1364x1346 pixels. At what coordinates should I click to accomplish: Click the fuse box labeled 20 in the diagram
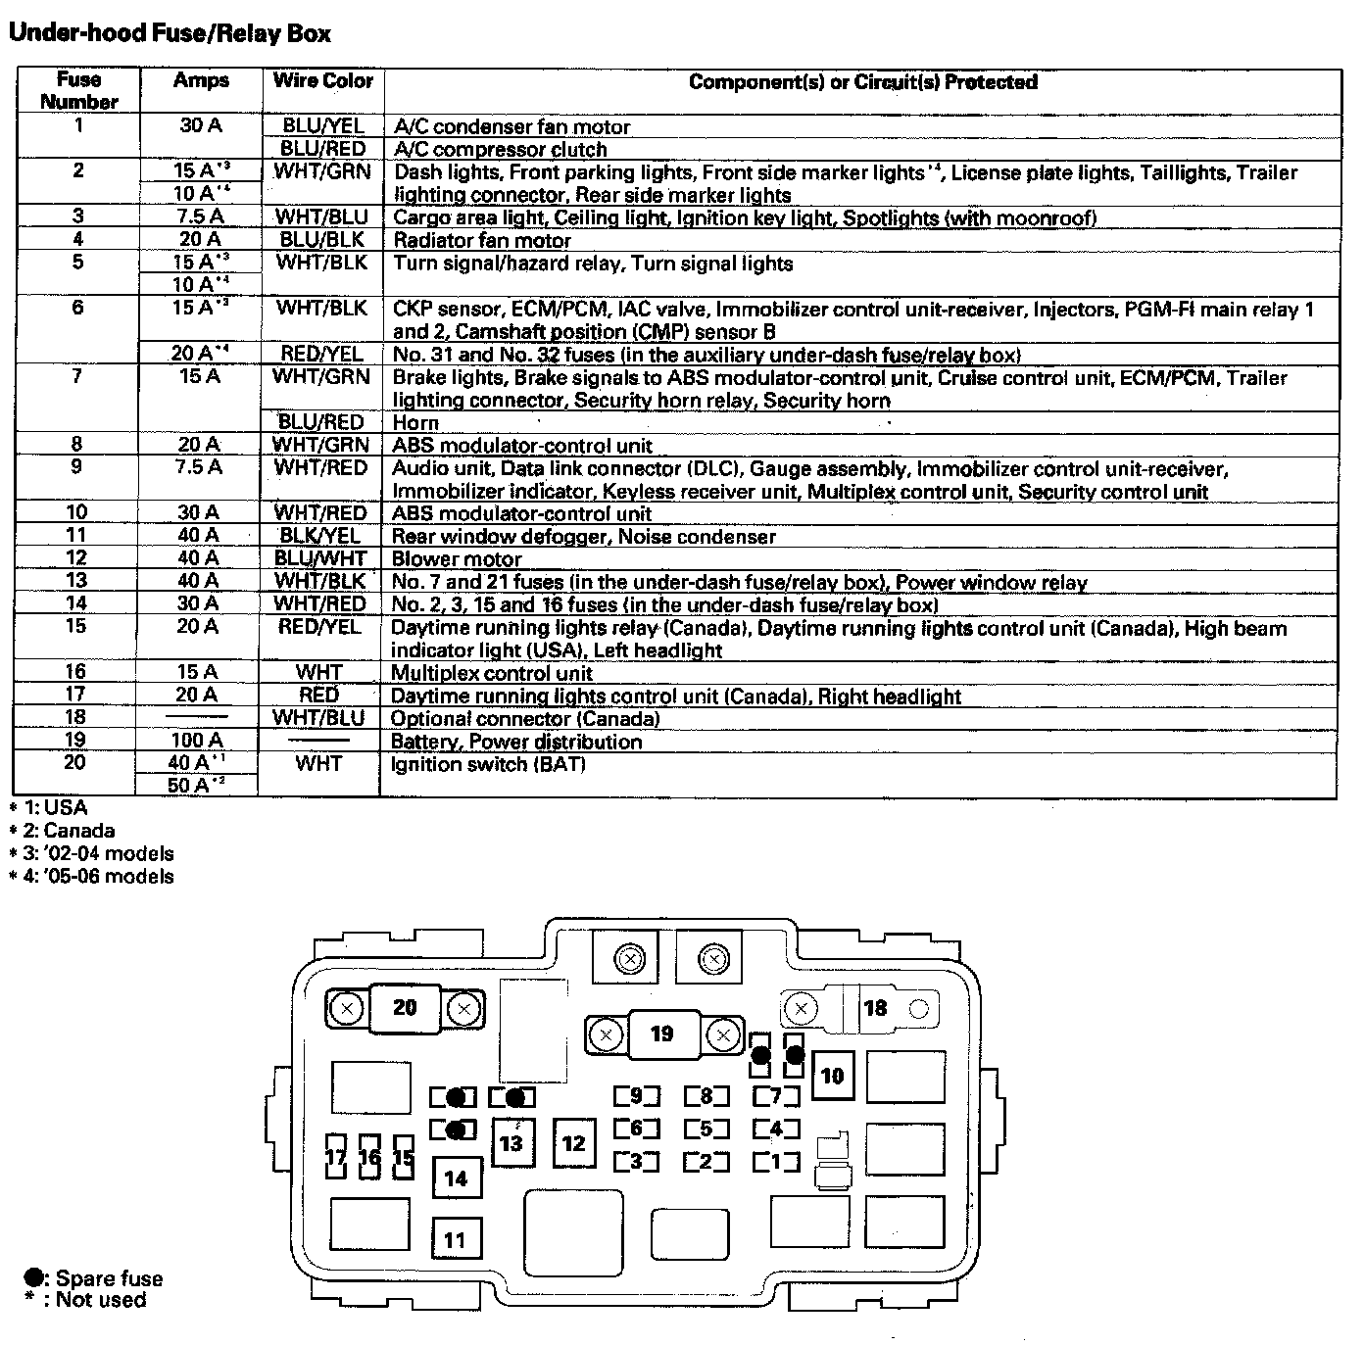405,1008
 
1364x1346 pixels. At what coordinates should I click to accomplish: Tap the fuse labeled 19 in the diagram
662,1034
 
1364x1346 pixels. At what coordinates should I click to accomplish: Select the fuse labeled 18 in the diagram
874,1008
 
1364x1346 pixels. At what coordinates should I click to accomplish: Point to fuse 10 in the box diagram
832,1077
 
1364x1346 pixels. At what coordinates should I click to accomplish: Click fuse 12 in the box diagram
574,1143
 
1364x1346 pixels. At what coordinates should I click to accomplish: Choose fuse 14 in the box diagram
456,1178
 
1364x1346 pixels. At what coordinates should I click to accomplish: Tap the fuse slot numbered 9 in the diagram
637,1096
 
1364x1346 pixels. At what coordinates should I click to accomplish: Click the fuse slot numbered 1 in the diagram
776,1162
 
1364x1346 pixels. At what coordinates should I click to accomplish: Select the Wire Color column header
323,81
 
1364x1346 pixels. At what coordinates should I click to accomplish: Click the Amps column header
201,81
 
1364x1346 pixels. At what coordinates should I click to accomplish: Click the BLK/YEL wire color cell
319,536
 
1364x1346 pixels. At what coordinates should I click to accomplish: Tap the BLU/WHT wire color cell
319,558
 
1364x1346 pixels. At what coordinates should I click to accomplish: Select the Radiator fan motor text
482,240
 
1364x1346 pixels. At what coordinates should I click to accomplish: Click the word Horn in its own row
415,423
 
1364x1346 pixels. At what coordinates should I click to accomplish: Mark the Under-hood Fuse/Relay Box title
170,33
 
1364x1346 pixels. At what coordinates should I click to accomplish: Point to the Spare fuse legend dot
34,1277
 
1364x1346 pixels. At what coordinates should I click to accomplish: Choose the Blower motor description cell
457,559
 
